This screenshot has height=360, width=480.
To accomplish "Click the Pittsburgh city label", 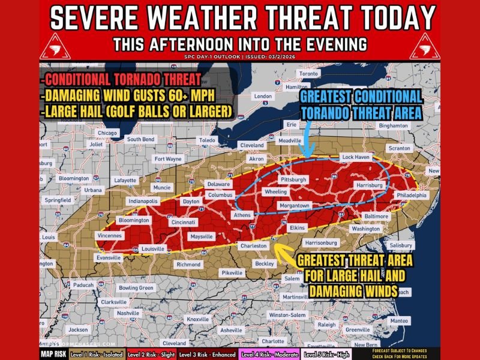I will pyautogui.click(x=293, y=179).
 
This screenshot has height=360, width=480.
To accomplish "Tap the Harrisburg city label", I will pyautogui.click(x=368, y=185).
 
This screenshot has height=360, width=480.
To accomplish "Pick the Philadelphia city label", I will pyautogui.click(x=411, y=196).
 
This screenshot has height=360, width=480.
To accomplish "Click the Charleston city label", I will pyautogui.click(x=253, y=245).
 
